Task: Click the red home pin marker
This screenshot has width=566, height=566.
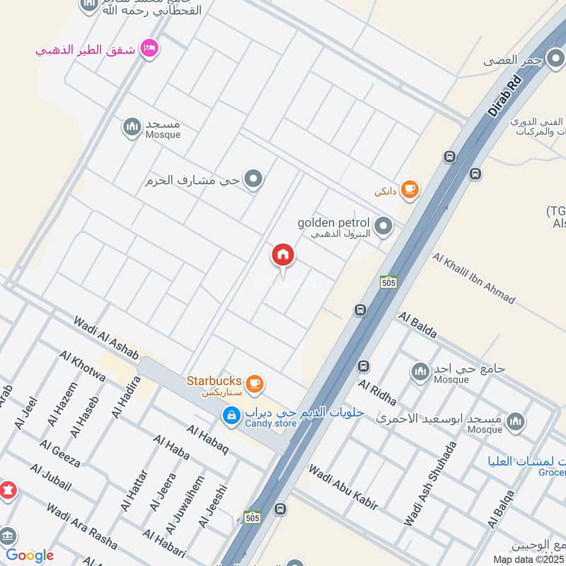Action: [x=283, y=255]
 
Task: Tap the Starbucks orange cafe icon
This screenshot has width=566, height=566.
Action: [x=255, y=383]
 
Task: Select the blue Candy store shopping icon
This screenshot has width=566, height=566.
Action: [x=230, y=416]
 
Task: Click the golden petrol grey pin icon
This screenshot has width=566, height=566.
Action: [x=383, y=226]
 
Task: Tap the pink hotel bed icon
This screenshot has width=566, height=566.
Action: [x=149, y=47]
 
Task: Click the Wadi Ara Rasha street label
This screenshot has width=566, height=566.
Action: [x=82, y=528]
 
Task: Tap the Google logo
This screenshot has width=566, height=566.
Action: [x=30, y=555]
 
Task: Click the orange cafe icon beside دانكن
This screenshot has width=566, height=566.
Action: [x=409, y=189]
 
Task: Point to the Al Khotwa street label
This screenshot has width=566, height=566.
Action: [x=83, y=366]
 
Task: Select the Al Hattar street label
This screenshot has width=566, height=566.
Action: [x=134, y=491]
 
